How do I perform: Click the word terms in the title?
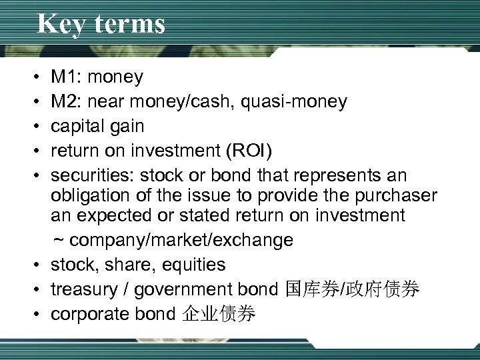tap(128, 24)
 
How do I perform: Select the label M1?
tap(67, 77)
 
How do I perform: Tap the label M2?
tap(67, 101)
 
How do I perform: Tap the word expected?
tap(123, 216)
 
